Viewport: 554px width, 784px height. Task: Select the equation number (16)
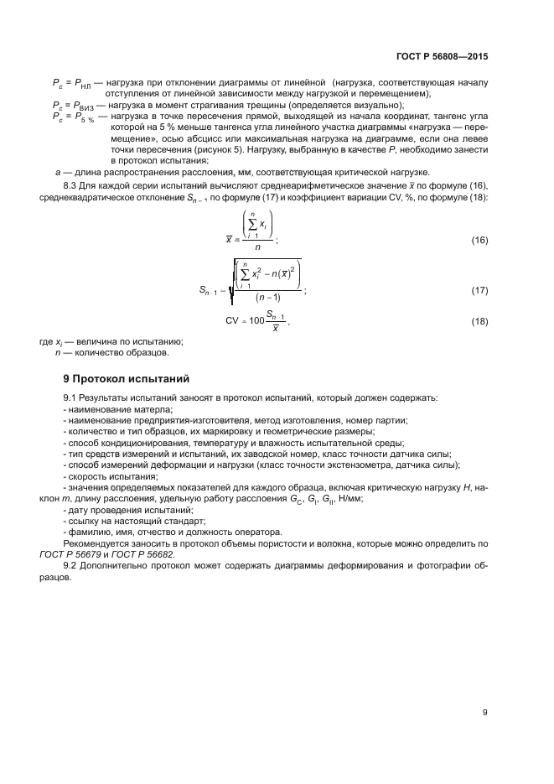pos(479,240)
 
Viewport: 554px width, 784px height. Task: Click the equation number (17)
pos(479,290)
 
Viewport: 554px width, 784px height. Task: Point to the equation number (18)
pos(479,321)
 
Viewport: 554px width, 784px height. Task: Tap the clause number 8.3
pos(72,184)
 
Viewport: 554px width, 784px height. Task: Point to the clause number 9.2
pos(72,566)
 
